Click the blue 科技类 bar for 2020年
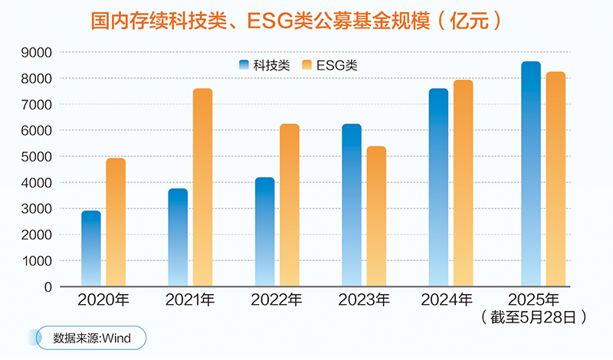pyautogui.click(x=91, y=249)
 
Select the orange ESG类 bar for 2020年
pyautogui.click(x=116, y=223)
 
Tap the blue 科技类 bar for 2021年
pyautogui.click(x=178, y=237)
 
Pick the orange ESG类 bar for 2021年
pyautogui.click(x=202, y=188)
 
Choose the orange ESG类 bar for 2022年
pyautogui.click(x=289, y=205)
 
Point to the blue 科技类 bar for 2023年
pyautogui.click(x=351, y=205)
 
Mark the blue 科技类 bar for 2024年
pyautogui.click(x=438, y=188)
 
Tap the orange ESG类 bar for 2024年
pyautogui.click(x=463, y=184)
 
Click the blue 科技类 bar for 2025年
pyautogui.click(x=531, y=175)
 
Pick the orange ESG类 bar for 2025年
pyautogui.click(x=556, y=179)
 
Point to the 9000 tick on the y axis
pyautogui.click(x=36, y=52)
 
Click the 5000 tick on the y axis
pyautogui.click(x=36, y=156)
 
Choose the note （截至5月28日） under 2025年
pyautogui.click(x=535, y=316)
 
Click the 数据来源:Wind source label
pyautogui.click(x=92, y=337)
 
